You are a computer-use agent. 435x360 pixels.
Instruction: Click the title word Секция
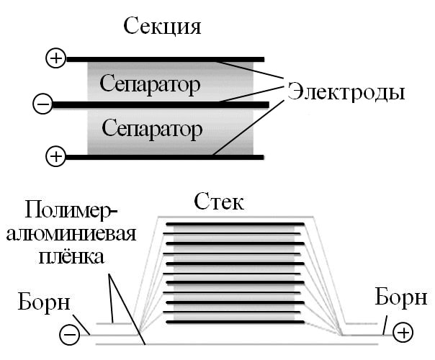pos(163,27)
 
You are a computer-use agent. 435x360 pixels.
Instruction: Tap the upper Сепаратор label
pos(151,85)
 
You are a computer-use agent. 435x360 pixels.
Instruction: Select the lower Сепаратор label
pos(152,130)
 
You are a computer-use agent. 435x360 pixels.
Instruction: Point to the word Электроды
pos(346,92)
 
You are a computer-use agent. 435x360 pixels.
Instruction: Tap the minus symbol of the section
pos(42,105)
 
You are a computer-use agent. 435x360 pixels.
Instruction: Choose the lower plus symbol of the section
pos(55,155)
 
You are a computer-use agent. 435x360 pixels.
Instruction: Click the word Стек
pos(219,202)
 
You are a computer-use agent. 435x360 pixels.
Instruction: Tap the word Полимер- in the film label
pos(71,210)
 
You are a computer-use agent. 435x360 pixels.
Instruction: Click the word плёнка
pos(72,256)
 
